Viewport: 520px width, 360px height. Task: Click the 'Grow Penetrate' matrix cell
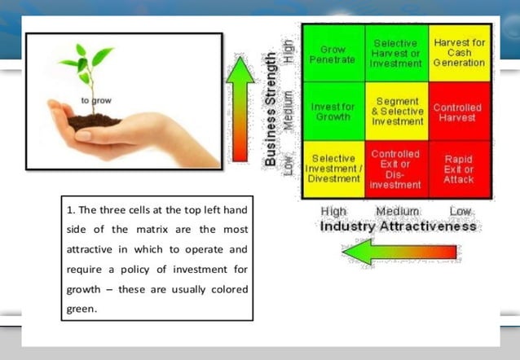[333, 54]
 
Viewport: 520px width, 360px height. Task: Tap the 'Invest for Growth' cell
[333, 112]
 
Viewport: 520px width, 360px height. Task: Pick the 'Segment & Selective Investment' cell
[396, 112]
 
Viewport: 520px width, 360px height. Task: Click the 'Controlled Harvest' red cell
[458, 112]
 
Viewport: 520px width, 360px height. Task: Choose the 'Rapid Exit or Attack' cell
[458, 169]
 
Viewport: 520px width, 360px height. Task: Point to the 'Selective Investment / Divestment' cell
[333, 169]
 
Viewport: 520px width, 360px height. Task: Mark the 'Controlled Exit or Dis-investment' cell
[396, 169]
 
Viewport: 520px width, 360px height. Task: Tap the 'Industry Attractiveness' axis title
[398, 226]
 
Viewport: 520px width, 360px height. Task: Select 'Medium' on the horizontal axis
[397, 212]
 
